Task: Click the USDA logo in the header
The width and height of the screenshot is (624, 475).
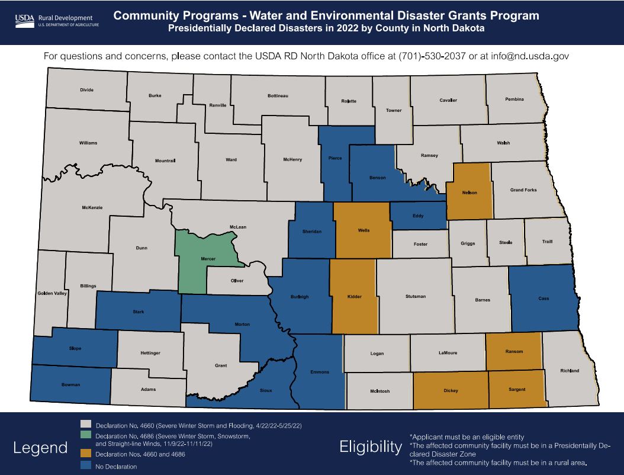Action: pos(24,21)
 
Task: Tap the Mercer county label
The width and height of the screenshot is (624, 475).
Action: pos(208,259)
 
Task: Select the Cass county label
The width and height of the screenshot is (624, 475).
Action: pos(543,299)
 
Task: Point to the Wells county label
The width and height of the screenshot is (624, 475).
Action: pos(364,230)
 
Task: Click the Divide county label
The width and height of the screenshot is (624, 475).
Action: pos(87,90)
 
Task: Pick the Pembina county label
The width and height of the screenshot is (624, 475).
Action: pos(514,99)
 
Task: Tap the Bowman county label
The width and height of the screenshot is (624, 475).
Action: pos(70,384)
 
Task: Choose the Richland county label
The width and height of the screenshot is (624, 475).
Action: pos(570,371)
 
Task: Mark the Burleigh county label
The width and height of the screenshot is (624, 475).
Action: pos(299,297)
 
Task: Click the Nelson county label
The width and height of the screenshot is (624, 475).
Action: pos(469,192)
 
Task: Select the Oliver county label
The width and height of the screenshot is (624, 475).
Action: pos(237,281)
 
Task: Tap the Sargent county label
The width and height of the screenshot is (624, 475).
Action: pos(517,389)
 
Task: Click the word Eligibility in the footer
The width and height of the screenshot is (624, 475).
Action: pos(371,447)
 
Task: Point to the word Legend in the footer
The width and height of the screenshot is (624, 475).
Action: pos(40,448)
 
